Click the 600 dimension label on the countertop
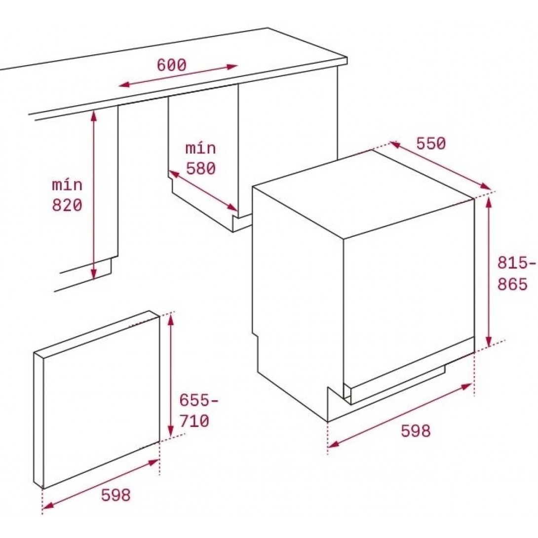tap(172, 65)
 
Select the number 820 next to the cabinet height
tap(67, 205)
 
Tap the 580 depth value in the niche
tap(201, 168)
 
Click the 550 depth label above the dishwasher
tap(431, 144)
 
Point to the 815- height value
tap(516, 263)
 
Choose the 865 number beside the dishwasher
tap(512, 284)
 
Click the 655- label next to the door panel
tap(198, 400)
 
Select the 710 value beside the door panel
tap(194, 421)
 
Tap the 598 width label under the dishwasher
tap(416, 430)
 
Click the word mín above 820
tap(67, 185)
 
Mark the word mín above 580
tap(201, 148)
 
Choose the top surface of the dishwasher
tap(364, 193)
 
